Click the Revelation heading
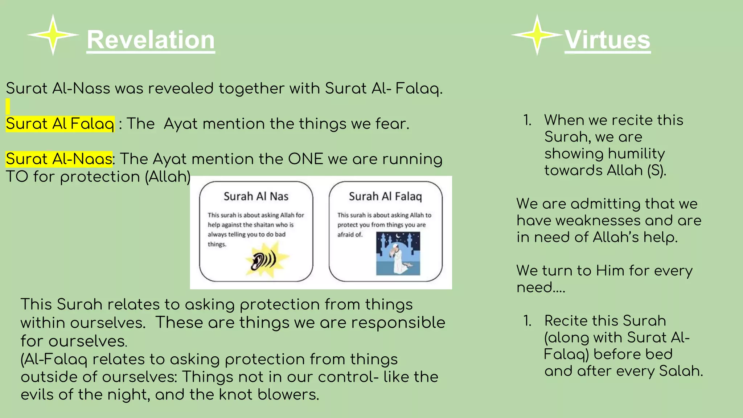click(151, 40)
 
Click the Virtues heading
click(607, 40)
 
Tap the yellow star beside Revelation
click(53, 35)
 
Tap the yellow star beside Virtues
click(537, 35)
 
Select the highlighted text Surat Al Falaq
click(60, 124)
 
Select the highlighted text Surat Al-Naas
click(59, 159)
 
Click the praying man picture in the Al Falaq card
click(398, 254)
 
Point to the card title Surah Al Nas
click(256, 196)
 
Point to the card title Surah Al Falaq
click(385, 196)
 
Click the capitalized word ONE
click(305, 159)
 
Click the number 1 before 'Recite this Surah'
click(527, 321)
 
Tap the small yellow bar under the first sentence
click(8, 106)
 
